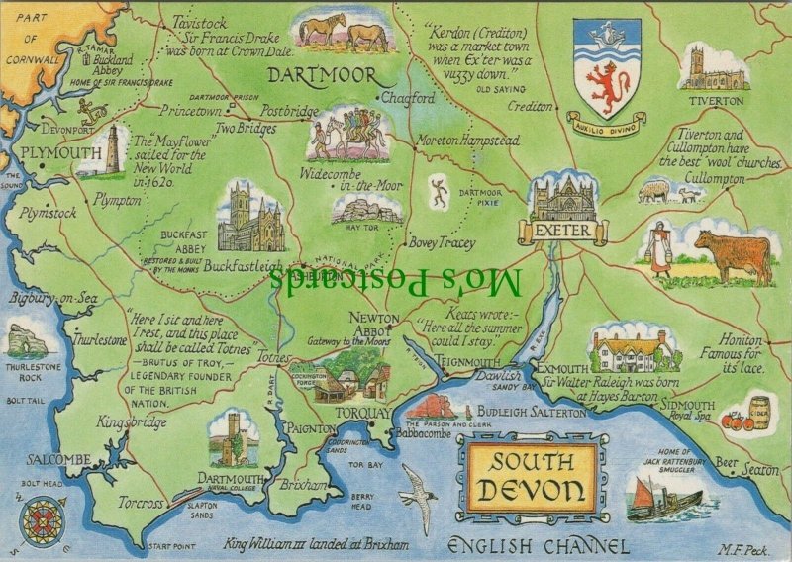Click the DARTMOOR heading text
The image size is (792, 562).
coord(323,75)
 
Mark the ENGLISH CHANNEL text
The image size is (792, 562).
coord(538,545)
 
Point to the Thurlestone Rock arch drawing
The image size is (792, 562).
coord(29,341)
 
